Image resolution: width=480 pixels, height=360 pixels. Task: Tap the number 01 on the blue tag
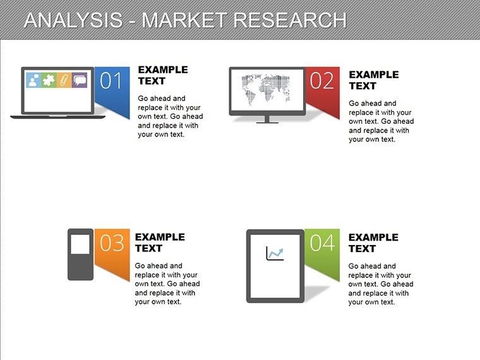click(111, 81)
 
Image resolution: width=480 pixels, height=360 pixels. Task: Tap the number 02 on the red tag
click(321, 81)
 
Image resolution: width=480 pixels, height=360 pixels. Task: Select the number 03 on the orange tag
click(112, 243)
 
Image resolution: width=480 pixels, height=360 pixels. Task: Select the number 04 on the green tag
click(322, 243)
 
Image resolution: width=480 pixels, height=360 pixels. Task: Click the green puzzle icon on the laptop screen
click(48, 80)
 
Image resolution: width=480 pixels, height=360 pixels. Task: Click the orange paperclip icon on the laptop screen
click(64, 80)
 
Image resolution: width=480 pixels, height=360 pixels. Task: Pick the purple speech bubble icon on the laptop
click(80, 80)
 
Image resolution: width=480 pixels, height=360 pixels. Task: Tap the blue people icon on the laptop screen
click(33, 80)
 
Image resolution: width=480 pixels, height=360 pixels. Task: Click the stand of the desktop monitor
click(267, 119)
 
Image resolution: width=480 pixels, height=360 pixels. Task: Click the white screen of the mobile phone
click(80, 243)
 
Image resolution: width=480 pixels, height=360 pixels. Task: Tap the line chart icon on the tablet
click(275, 254)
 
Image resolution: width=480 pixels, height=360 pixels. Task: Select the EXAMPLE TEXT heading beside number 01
click(162, 75)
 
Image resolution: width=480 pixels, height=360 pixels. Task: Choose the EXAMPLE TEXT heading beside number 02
click(373, 80)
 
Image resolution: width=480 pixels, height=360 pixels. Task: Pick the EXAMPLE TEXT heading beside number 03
click(160, 243)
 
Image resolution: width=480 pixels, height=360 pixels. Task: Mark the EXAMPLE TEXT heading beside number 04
click(373, 243)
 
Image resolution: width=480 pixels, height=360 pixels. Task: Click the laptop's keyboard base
click(58, 117)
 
